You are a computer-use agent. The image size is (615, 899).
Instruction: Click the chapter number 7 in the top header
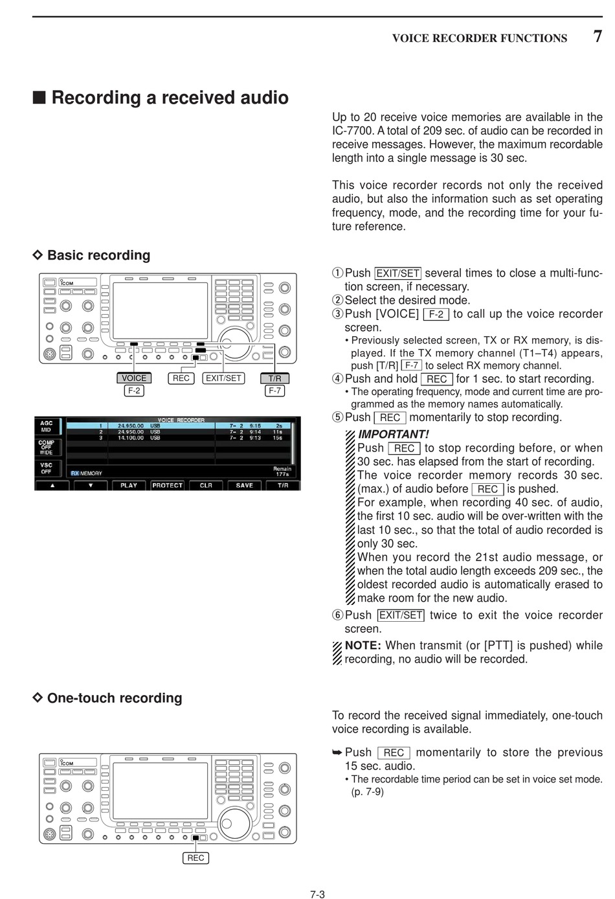598,36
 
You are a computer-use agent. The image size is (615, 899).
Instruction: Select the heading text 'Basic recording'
98,255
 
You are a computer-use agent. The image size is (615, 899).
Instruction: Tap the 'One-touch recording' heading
115,698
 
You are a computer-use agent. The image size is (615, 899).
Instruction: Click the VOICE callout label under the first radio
134,378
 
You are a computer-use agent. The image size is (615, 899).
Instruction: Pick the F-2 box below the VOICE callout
134,391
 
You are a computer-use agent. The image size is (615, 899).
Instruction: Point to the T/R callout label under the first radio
275,378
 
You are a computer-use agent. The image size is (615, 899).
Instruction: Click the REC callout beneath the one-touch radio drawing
196,858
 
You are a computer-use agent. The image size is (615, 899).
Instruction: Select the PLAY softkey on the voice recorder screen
129,485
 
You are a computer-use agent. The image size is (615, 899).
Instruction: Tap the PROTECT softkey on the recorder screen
168,485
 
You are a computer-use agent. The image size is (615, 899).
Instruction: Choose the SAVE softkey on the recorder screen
245,485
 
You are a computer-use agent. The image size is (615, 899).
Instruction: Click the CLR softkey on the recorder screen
206,485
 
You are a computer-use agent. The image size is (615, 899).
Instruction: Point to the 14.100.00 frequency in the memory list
130,438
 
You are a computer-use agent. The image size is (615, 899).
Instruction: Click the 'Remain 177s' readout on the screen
282,471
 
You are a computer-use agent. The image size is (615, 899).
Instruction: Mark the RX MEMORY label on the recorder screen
87,473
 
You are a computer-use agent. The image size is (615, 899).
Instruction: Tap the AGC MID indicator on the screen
47,426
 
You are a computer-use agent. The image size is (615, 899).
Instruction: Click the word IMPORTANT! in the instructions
393,435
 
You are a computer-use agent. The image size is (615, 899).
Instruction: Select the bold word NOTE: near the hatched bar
363,645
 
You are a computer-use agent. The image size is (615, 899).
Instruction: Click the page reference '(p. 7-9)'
367,791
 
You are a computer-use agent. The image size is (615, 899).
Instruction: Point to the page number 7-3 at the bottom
317,894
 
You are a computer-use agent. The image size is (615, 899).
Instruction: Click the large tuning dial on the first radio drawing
234,343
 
